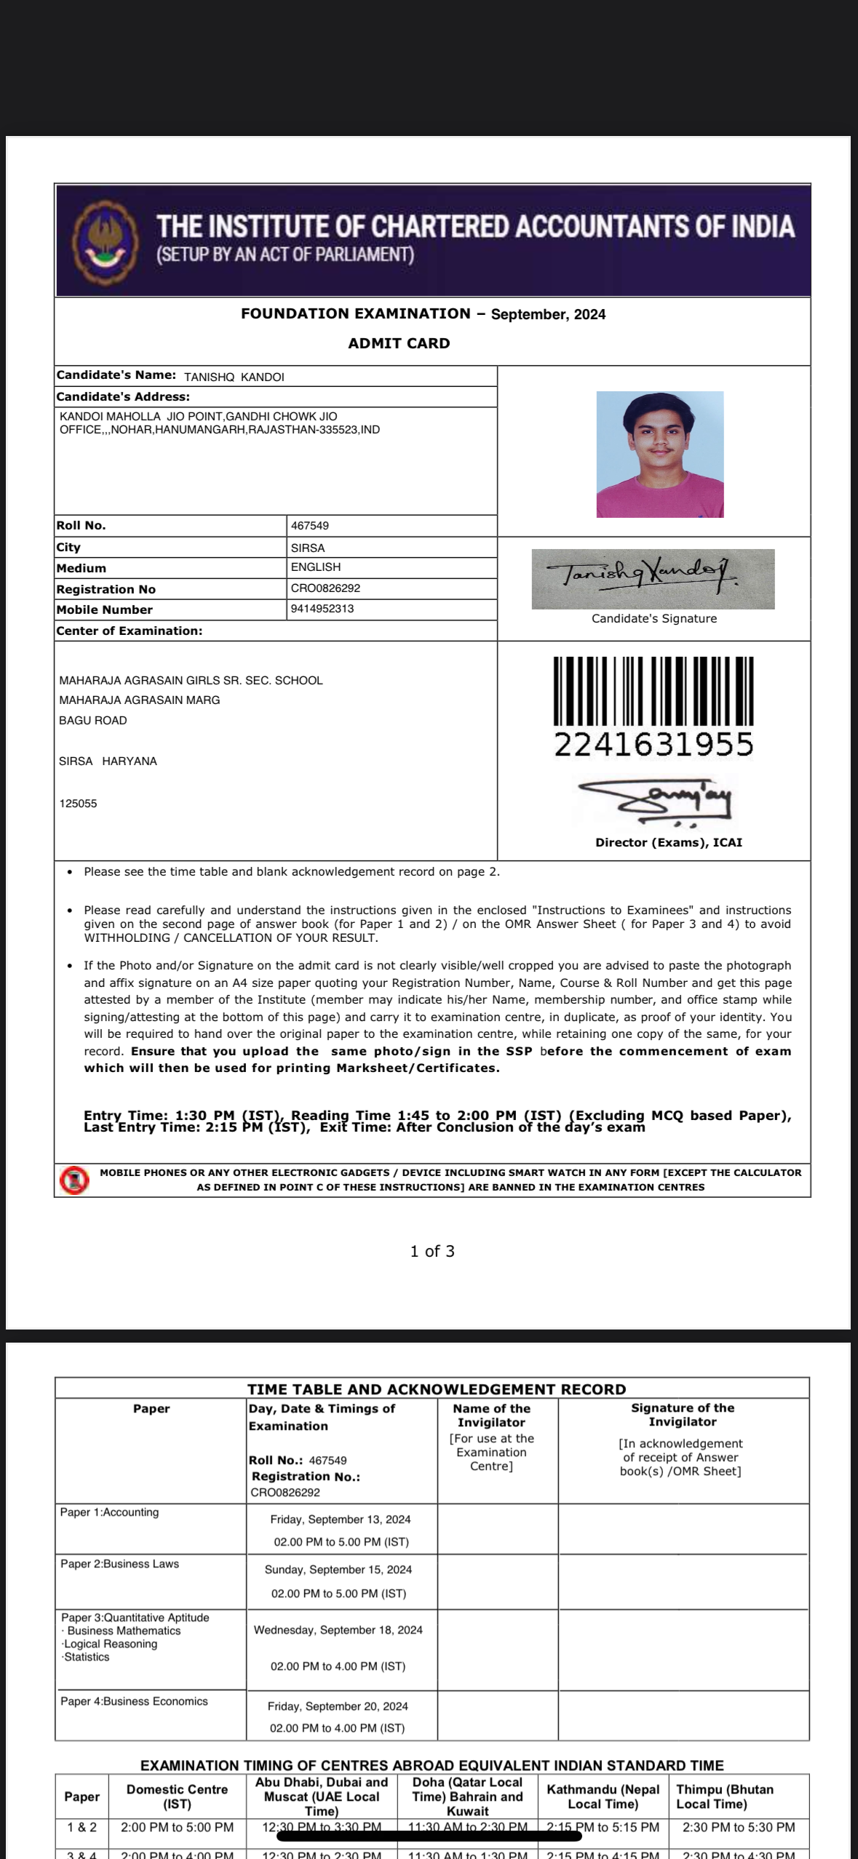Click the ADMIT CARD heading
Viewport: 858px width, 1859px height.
(399, 343)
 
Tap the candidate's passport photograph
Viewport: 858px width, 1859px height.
(659, 455)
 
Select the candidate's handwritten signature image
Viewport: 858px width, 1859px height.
(652, 578)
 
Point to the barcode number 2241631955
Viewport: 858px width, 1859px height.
(653, 744)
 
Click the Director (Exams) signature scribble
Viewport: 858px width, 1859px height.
(654, 800)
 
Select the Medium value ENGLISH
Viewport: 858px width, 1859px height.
(316, 567)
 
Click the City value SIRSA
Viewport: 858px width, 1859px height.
(308, 548)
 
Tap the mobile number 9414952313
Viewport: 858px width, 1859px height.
(322, 609)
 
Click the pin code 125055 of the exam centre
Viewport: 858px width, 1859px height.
(78, 804)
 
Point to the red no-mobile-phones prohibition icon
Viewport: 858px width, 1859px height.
(74, 1180)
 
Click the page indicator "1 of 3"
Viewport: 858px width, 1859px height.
(432, 1251)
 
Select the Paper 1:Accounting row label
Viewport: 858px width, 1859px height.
(109, 1513)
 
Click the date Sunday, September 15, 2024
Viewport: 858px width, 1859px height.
(338, 1570)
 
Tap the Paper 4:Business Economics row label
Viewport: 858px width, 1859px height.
(134, 1701)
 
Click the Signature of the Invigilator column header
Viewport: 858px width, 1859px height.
(682, 1415)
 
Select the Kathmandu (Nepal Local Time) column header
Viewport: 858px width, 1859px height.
(603, 1796)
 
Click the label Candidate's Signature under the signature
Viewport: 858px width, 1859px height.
(654, 619)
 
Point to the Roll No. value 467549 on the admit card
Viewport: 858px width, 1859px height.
(310, 526)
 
